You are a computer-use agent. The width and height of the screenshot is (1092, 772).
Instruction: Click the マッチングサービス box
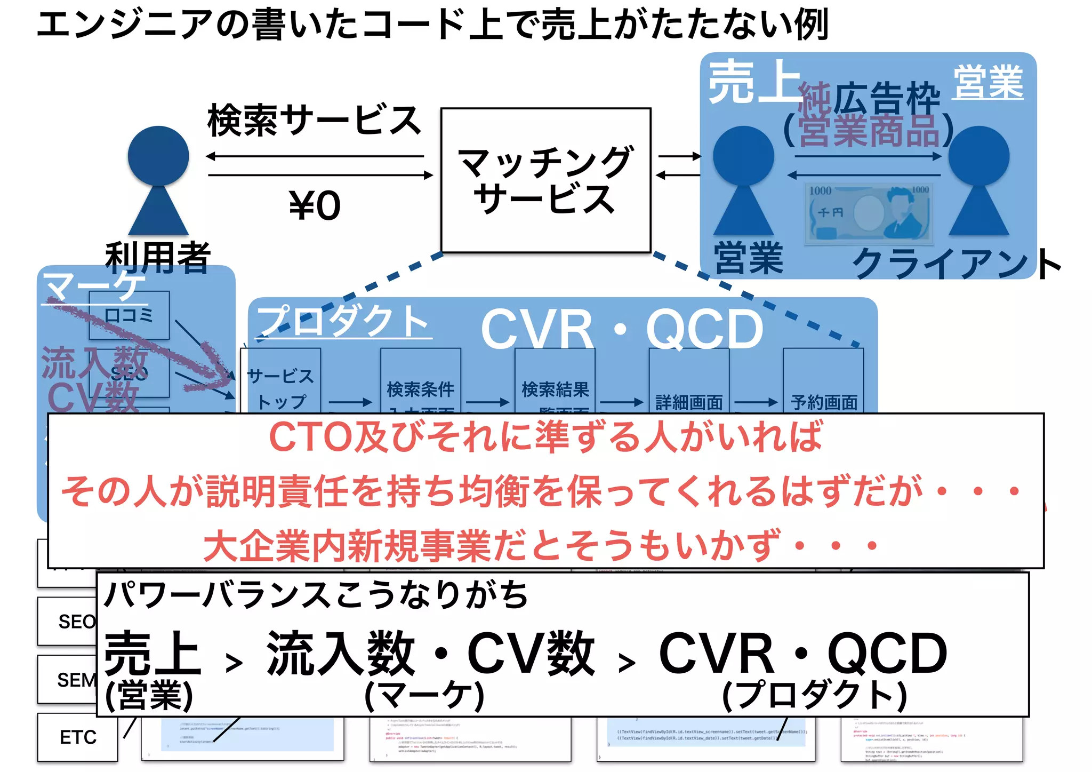[x=546, y=180]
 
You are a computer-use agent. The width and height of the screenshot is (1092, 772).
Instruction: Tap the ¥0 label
[x=315, y=206]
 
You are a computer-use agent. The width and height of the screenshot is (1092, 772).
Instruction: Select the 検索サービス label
[x=315, y=120]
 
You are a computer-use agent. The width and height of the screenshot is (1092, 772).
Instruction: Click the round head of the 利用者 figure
[x=158, y=156]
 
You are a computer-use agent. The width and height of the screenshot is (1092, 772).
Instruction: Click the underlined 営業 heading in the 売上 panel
[x=988, y=83]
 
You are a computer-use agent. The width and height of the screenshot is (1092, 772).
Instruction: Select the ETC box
[x=78, y=737]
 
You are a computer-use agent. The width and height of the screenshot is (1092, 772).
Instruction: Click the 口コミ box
[x=129, y=315]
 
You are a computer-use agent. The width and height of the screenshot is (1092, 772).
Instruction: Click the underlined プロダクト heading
[x=343, y=322]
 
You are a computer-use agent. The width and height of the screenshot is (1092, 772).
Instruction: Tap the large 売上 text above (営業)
[x=153, y=653]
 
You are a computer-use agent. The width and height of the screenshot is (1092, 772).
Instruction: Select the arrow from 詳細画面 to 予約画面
[x=756, y=402]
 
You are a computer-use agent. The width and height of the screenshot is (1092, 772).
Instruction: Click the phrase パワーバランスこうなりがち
[x=316, y=595]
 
